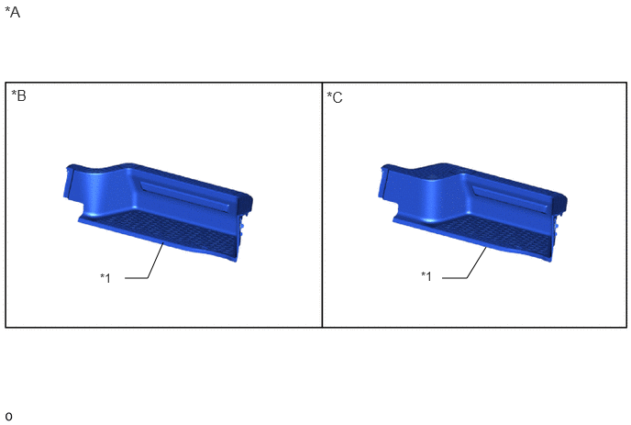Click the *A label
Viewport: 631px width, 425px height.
(12, 12)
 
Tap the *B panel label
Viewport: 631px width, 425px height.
(18, 95)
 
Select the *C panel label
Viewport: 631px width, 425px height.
(335, 97)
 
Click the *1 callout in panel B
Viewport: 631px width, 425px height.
(105, 277)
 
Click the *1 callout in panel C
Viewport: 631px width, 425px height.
(426, 276)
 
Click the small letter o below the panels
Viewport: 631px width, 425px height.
(8, 416)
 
